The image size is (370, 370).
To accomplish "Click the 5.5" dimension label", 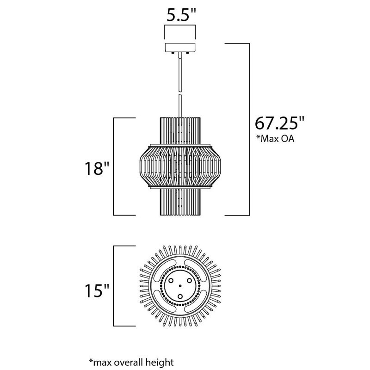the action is (x=181, y=15).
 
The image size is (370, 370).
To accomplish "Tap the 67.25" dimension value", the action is (x=279, y=123).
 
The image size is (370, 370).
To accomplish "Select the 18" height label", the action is (x=97, y=168).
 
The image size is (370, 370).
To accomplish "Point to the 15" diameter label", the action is (x=97, y=290).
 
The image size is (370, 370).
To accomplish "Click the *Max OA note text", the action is (x=276, y=139).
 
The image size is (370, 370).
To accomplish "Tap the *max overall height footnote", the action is (x=131, y=362).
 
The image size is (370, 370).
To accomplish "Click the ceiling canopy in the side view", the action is (x=180, y=48).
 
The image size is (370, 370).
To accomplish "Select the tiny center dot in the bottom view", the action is (x=180, y=286).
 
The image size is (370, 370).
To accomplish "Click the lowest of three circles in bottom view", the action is (x=180, y=296).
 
